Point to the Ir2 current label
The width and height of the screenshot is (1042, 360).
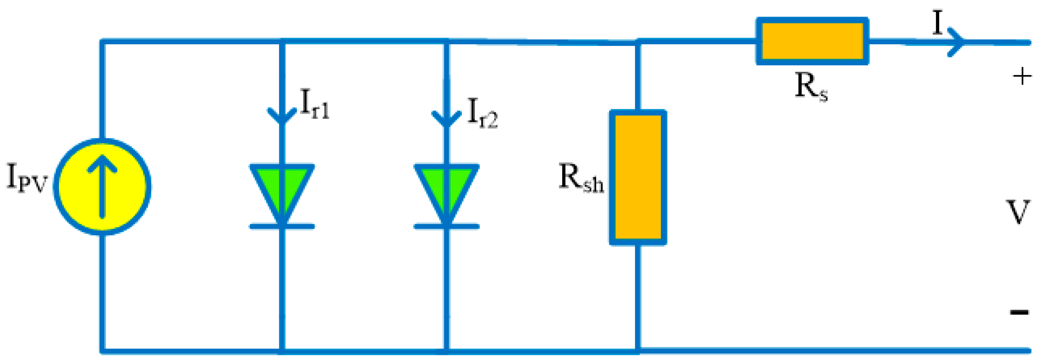click(482, 113)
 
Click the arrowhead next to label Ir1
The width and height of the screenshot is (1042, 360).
click(282, 115)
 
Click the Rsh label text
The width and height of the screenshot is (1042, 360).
click(581, 178)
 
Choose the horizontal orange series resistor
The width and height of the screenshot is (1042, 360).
click(812, 41)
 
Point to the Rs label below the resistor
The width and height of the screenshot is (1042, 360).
click(811, 86)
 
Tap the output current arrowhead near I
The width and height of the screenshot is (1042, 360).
click(957, 42)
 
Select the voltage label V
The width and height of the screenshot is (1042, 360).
click(1017, 212)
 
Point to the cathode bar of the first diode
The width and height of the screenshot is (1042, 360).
click(282, 227)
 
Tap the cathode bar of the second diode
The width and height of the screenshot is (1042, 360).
click(446, 227)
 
